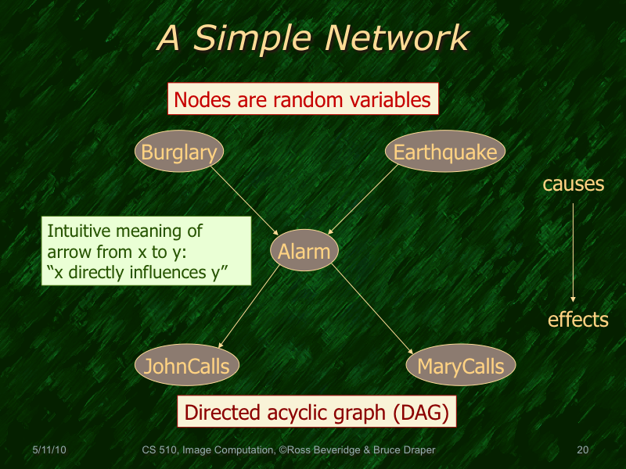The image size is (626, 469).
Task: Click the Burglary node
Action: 179,152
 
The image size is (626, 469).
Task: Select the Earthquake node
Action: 445,152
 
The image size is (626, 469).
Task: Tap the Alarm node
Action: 305,250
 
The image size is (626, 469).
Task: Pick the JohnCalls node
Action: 186,366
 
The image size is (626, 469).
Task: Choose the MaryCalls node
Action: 461,366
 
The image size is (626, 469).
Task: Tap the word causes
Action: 574,184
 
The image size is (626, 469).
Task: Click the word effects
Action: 577,319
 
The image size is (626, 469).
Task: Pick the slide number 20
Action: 581,450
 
